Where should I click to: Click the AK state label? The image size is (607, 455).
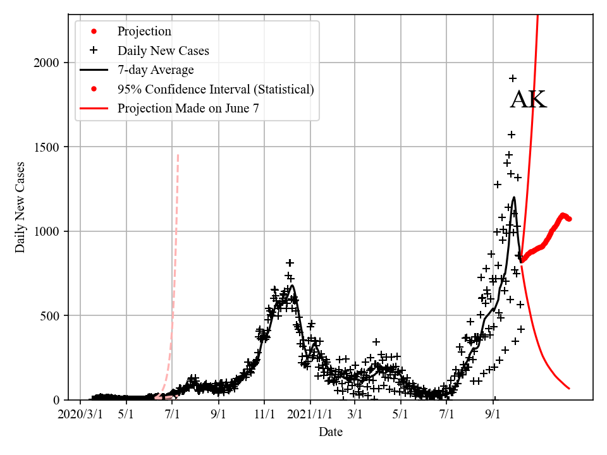point(528,100)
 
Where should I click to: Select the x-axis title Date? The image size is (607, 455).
point(331,433)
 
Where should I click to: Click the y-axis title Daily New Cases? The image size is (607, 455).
point(20,207)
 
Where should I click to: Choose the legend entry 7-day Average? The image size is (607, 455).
point(156,70)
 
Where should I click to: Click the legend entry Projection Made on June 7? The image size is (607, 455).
point(188,109)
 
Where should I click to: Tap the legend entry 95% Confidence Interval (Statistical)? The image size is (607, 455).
point(216,89)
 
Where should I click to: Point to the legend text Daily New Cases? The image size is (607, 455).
point(163,50)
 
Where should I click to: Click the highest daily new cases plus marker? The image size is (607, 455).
point(513,78)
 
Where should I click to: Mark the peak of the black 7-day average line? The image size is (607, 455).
point(514,197)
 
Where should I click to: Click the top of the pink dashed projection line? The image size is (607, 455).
point(178,154)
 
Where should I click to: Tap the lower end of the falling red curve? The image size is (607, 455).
point(569,388)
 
